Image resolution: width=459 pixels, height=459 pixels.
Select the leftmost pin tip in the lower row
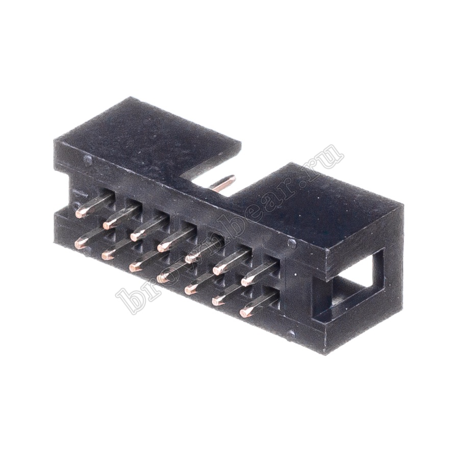pyautogui.click(x=80, y=243)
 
